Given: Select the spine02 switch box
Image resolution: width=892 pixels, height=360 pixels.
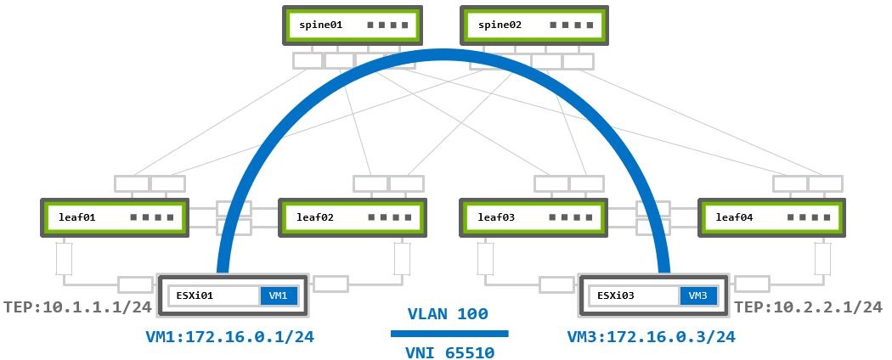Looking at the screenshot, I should [x=534, y=26].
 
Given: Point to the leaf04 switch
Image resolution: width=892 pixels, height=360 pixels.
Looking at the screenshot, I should [x=771, y=217].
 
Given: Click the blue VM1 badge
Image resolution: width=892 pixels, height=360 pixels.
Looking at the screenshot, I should [x=278, y=295].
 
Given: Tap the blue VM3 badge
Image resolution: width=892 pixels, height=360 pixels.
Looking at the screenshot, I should [x=697, y=295].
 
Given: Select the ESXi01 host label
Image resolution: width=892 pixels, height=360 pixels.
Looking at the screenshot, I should [x=195, y=295].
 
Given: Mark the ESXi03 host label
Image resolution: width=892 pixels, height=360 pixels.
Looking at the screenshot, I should [x=614, y=295].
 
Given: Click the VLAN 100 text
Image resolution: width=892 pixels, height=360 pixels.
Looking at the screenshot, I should [x=449, y=314].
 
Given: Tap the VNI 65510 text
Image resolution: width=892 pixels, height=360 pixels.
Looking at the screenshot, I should [x=449, y=350].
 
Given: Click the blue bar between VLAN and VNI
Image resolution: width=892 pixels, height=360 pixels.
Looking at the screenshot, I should [x=449, y=333].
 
